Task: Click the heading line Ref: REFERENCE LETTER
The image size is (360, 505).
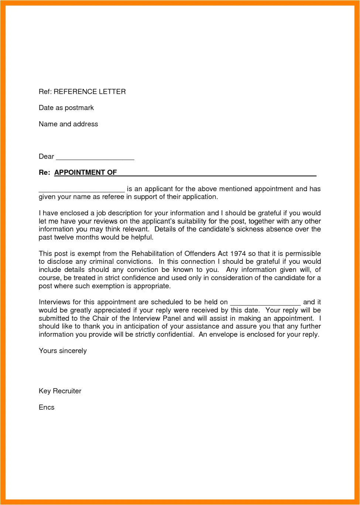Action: coord(82,92)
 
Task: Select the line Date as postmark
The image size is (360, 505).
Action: coord(66,108)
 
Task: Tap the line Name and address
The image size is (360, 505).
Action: coord(68,124)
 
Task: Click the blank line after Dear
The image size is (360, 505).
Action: coord(95,157)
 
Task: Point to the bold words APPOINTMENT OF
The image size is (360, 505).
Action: coord(86,173)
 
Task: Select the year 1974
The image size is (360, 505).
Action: coord(238,254)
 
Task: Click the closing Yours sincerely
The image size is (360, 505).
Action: coord(63,351)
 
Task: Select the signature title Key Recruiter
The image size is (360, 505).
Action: coord(60,391)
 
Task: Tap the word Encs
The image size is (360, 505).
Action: coord(47,407)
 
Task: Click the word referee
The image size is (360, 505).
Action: coord(113,197)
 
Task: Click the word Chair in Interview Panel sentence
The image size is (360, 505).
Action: coord(100,318)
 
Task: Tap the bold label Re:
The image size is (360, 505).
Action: coord(44,173)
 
